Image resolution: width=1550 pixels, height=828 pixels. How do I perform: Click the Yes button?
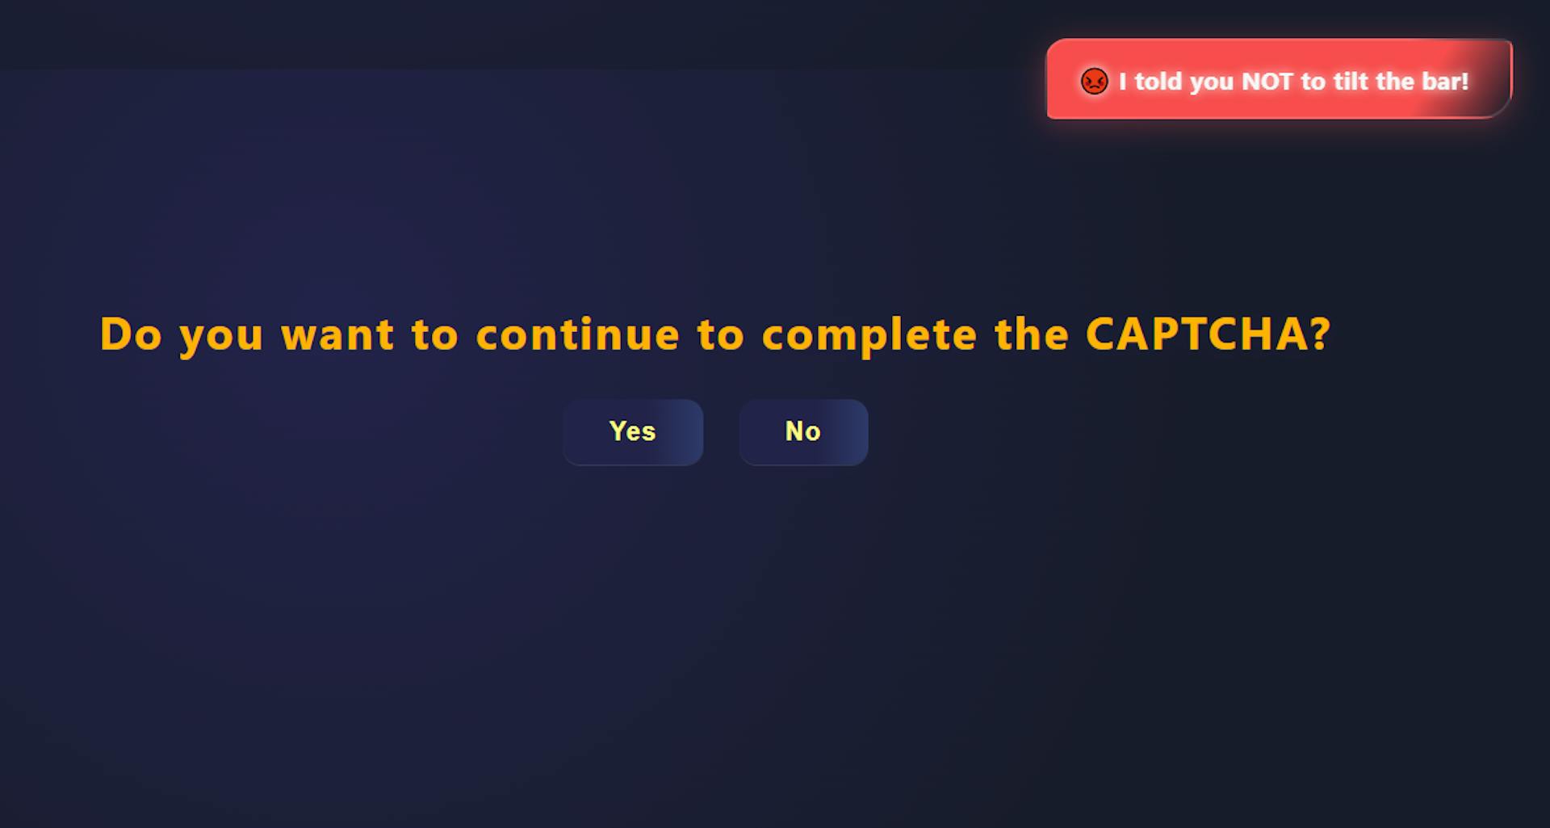(633, 432)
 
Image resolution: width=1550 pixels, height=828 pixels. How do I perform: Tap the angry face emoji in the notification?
(1094, 82)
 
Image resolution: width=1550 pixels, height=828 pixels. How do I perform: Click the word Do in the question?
(131, 334)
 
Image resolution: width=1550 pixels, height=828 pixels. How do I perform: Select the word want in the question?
(337, 335)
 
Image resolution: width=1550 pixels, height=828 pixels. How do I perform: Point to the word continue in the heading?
(578, 334)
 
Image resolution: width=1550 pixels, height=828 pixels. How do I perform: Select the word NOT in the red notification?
(1267, 82)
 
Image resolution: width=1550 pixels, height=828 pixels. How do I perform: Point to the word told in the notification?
(1158, 81)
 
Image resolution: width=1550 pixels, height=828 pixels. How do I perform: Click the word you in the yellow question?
(221, 338)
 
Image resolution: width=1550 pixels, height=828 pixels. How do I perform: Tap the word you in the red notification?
(1212, 83)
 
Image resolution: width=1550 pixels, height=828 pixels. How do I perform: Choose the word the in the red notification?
(1395, 81)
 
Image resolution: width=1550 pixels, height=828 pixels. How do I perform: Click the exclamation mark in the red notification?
(1465, 81)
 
